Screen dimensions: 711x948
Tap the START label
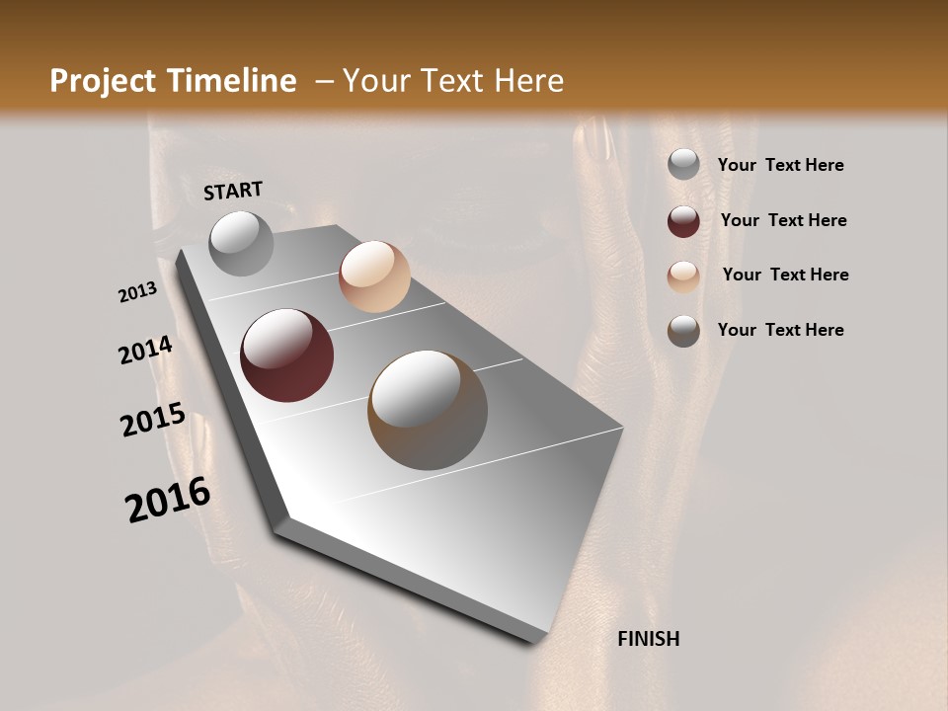(x=233, y=191)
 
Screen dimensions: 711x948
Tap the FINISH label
(x=648, y=639)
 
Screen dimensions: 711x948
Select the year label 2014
(x=146, y=350)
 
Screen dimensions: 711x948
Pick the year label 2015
(x=153, y=419)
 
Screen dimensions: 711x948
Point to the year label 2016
(x=168, y=499)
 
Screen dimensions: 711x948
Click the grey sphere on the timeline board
(x=242, y=243)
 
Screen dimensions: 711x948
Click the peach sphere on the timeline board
(x=374, y=276)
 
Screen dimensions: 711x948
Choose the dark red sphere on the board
(x=287, y=355)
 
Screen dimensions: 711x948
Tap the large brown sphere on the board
(x=428, y=410)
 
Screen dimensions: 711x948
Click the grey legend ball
(x=683, y=165)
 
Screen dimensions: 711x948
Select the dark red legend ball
(x=683, y=221)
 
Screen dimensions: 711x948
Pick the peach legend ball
(x=683, y=276)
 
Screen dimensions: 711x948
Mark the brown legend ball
(x=683, y=331)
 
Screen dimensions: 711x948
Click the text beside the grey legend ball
(x=780, y=165)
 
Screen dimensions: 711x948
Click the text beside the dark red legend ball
(x=783, y=220)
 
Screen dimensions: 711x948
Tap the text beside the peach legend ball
(x=785, y=275)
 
